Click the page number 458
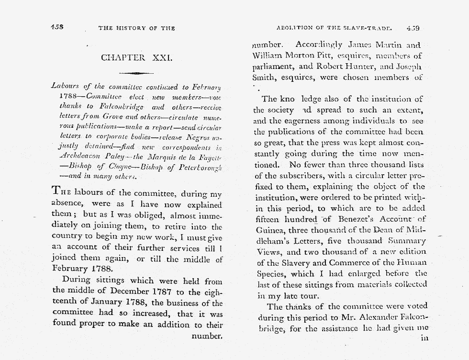point(57,28)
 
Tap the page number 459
point(413,28)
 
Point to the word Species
point(271,274)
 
